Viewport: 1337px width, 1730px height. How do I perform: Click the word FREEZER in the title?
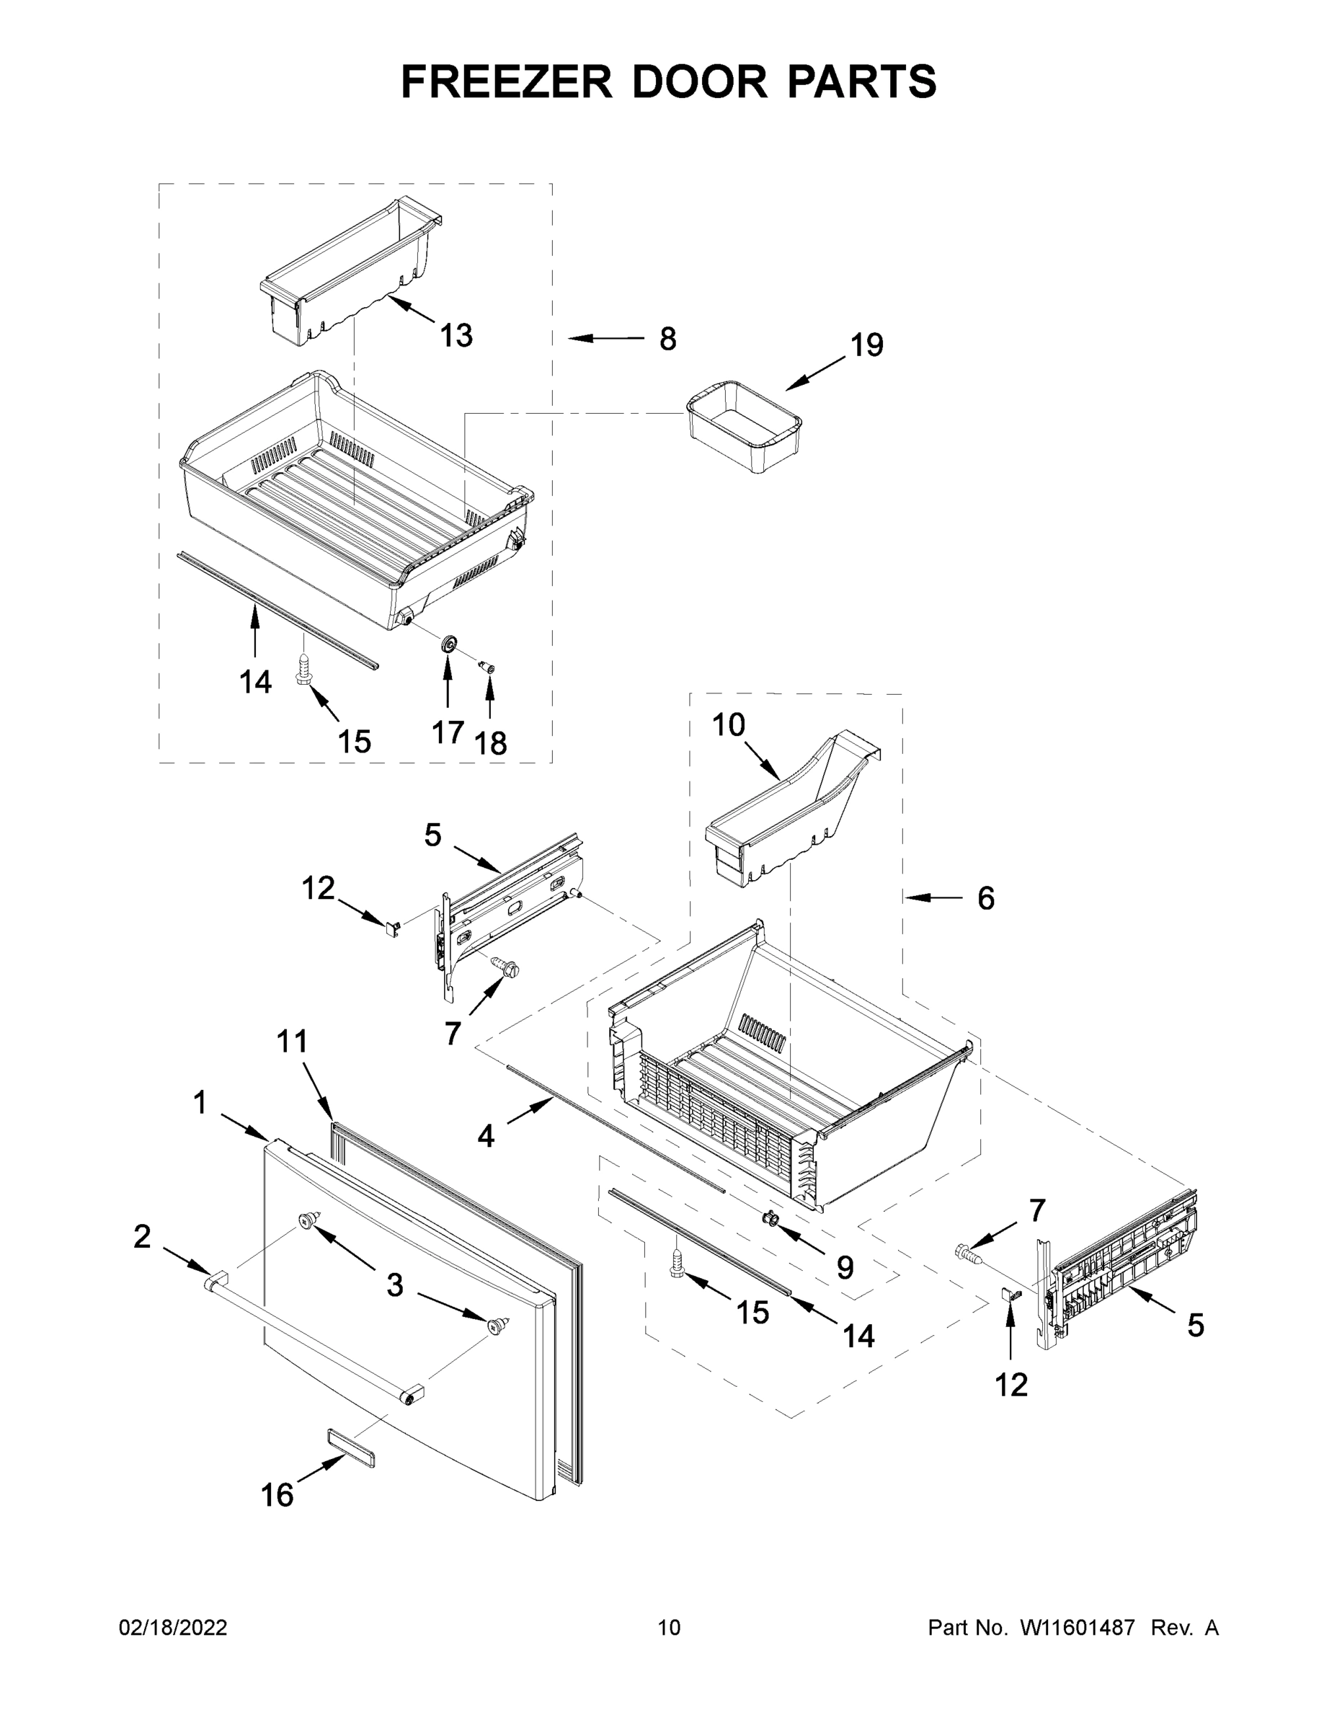coord(506,81)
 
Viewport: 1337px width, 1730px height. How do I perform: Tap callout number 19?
coord(866,345)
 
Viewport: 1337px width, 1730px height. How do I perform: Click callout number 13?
coord(456,336)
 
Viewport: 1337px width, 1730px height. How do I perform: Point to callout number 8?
coord(667,339)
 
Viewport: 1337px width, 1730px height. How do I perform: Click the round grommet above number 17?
coord(448,644)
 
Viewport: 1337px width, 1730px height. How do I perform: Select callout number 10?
coord(728,724)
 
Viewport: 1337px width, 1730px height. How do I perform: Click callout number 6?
coord(985,898)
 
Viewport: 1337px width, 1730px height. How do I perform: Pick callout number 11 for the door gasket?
coord(291,1042)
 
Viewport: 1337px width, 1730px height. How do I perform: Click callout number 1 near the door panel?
coord(200,1103)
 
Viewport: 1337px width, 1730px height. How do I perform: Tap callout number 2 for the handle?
coord(142,1236)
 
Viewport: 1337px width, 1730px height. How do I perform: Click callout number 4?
coord(486,1137)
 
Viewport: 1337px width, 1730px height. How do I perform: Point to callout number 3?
coord(394,1284)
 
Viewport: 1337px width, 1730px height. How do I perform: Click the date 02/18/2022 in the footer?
coord(173,1628)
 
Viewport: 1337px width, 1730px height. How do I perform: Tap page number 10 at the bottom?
coord(669,1628)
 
